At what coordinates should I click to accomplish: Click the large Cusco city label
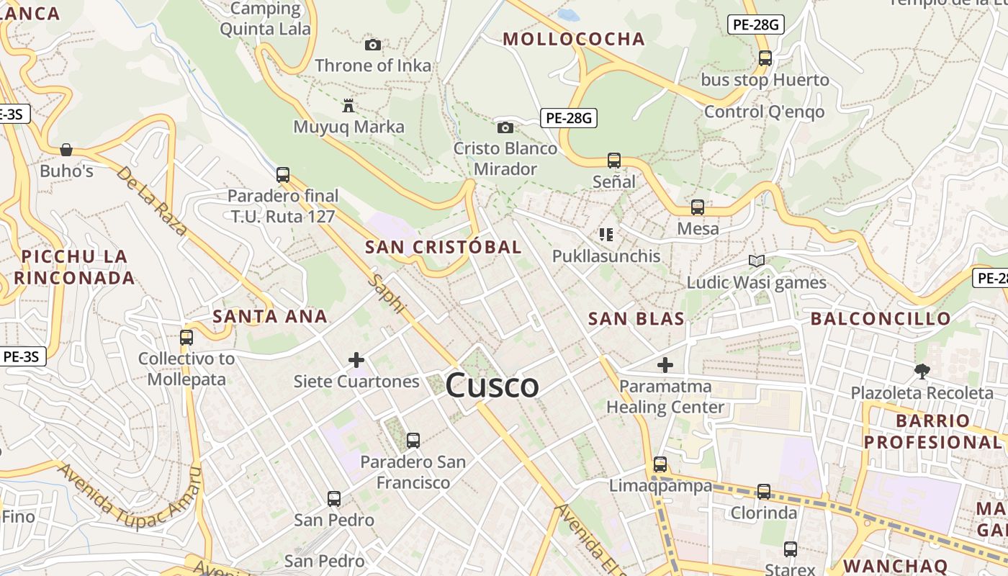point(492,385)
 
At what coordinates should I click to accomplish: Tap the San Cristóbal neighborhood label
point(443,247)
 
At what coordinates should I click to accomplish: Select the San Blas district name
point(636,319)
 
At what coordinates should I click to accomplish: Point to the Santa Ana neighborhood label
point(270,316)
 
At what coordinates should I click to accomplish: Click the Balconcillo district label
point(881,318)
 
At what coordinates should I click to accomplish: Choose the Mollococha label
point(573,39)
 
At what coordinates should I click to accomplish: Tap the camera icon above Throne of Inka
point(372,45)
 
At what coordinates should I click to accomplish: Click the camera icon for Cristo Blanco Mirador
point(505,127)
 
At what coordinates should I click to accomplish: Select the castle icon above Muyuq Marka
point(348,107)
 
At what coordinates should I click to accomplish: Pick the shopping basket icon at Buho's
point(66,150)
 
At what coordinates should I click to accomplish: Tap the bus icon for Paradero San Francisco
point(413,441)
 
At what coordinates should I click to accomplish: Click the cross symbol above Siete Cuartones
point(356,360)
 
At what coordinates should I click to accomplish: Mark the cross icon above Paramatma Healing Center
point(665,365)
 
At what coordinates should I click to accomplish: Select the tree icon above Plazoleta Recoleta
point(922,372)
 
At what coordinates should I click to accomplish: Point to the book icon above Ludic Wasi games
point(756,261)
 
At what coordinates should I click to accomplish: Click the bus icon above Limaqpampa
point(660,464)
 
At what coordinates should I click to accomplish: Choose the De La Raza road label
point(152,202)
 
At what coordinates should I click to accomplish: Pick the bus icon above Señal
point(614,160)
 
